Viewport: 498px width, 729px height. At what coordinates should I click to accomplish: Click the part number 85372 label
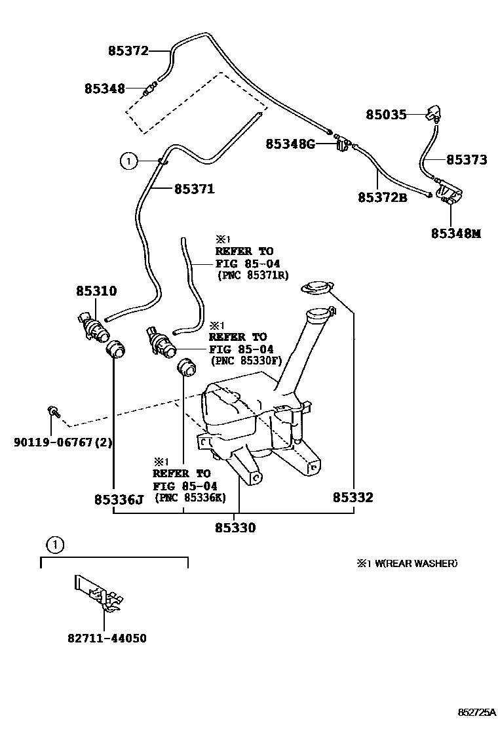[x=128, y=50]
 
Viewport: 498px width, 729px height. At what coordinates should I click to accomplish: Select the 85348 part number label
[x=104, y=88]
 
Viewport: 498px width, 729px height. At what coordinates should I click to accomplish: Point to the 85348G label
[x=290, y=144]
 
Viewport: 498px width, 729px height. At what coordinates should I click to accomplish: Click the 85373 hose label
[x=467, y=159]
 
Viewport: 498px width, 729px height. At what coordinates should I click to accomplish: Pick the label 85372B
[x=382, y=197]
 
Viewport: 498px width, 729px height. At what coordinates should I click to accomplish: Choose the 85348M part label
[x=455, y=233]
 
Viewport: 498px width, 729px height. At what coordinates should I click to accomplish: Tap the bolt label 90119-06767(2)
[x=63, y=442]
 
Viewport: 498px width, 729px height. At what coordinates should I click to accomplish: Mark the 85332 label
[x=353, y=498]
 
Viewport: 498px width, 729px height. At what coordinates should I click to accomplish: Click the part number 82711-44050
[x=106, y=638]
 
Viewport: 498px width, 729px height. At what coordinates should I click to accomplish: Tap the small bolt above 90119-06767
[x=52, y=412]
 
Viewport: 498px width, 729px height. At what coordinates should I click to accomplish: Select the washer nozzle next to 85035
[x=434, y=113]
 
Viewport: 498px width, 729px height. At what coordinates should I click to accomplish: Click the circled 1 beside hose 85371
[x=129, y=159]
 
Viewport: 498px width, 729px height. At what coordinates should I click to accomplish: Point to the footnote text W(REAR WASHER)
[x=412, y=563]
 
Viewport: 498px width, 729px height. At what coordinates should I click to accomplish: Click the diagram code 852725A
[x=476, y=711]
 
